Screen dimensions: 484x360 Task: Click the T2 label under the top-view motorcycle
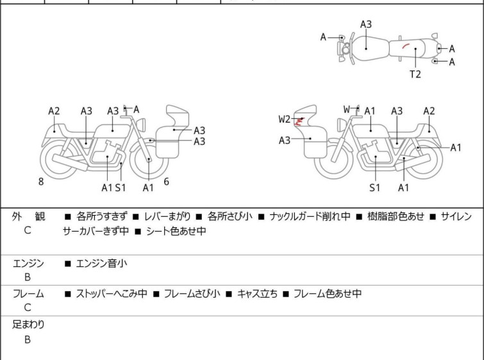tap(415, 74)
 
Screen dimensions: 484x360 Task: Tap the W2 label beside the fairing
tap(284, 119)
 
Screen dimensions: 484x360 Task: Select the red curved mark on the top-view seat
tap(405, 46)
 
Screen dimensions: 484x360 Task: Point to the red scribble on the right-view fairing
tap(299, 122)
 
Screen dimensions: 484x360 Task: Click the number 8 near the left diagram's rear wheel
tap(41, 182)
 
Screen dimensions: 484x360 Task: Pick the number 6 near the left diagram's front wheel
tap(167, 182)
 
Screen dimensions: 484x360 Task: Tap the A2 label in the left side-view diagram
tap(54, 111)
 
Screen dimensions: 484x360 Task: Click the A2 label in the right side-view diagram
tap(429, 111)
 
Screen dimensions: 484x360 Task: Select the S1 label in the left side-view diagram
tap(121, 187)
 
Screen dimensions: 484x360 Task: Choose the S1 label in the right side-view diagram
tap(375, 187)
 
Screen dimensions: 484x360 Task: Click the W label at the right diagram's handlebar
tap(347, 109)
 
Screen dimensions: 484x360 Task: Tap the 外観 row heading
tap(28, 216)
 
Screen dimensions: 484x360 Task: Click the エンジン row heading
tap(28, 264)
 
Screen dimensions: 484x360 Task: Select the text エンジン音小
tap(101, 264)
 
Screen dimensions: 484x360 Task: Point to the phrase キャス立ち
tap(258, 293)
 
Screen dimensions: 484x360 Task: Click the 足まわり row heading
tap(28, 325)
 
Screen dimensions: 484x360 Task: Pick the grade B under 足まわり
tap(28, 339)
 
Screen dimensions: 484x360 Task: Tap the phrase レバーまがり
tap(167, 216)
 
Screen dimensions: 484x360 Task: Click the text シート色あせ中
tap(176, 231)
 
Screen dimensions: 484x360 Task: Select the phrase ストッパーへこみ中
tap(112, 293)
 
